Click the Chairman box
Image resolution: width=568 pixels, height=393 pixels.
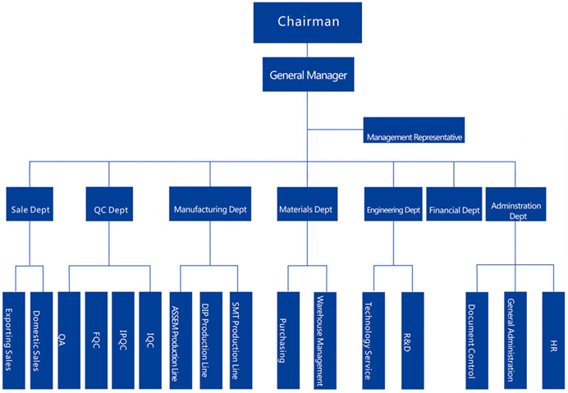coord(308,22)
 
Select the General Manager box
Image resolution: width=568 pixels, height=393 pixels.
coord(309,75)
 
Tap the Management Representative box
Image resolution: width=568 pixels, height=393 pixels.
coord(414,130)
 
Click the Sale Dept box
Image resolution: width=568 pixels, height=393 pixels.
coord(30,204)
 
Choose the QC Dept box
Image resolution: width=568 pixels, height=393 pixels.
coord(109,204)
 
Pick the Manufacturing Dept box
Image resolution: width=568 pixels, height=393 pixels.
coord(210,204)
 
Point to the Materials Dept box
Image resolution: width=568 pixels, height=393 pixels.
coord(307,204)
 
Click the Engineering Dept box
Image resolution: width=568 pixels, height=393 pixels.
coord(393,204)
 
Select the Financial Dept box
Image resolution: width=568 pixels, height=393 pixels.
coord(454,204)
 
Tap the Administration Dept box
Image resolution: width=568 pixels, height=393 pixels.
coord(515,204)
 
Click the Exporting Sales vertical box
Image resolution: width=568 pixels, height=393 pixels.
coord(14,340)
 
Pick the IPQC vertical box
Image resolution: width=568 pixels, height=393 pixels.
coord(123,340)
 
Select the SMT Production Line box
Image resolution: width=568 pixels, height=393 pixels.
coord(240,340)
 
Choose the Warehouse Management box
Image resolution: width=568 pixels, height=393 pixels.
coord(325,340)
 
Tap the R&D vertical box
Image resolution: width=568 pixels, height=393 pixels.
coord(413,340)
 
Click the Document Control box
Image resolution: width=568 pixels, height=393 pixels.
coord(477,340)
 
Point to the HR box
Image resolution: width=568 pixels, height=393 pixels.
coord(553,340)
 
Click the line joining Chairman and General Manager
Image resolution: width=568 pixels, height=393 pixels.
coord(308,50)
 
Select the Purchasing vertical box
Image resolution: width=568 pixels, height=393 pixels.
coord(288,340)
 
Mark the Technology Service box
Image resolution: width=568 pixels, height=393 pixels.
coord(373,340)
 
